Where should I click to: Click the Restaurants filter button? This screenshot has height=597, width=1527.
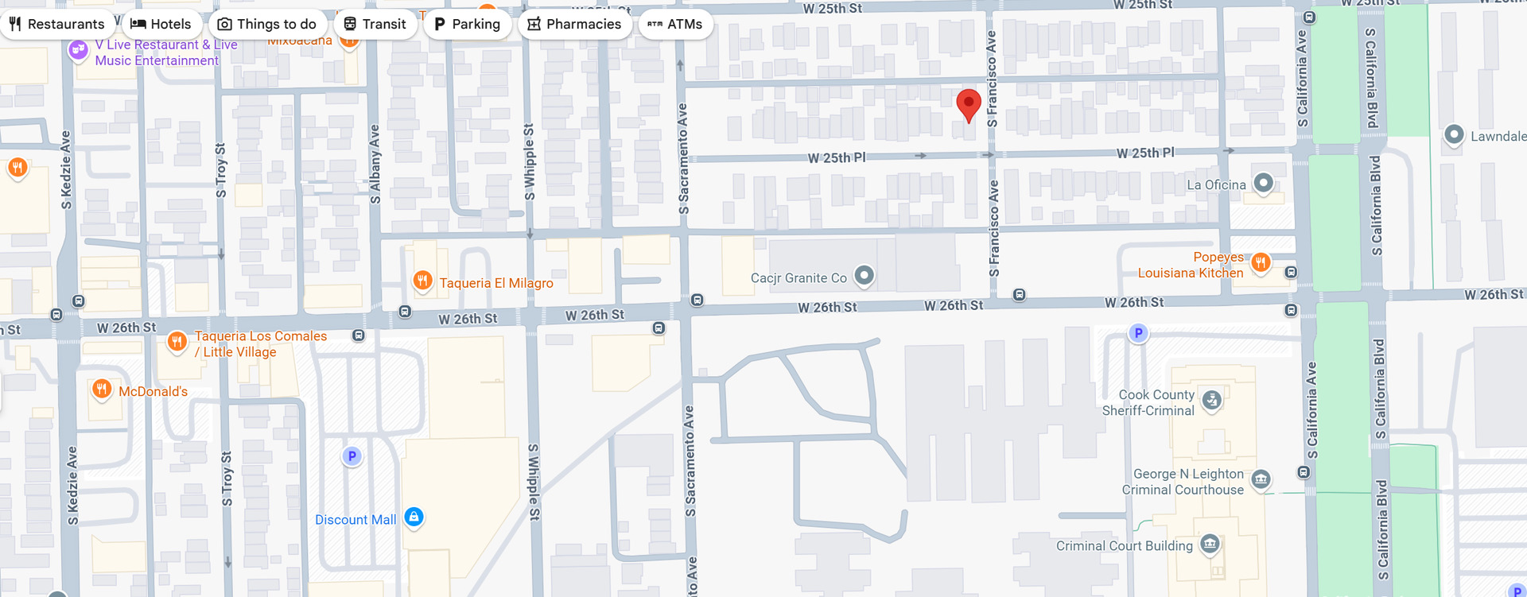[x=56, y=24]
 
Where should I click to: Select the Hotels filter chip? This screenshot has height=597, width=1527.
[x=161, y=24]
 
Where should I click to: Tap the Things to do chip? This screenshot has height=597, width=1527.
[x=267, y=24]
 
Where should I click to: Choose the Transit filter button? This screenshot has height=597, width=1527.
[x=375, y=24]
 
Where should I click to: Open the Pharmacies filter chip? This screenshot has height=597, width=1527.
[x=574, y=24]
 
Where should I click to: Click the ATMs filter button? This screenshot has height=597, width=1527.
[x=675, y=24]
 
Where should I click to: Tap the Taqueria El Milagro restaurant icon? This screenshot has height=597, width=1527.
[x=422, y=280]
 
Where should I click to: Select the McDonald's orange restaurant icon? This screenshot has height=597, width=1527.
[x=102, y=389]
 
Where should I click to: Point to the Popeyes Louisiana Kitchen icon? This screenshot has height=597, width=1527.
[x=1261, y=262]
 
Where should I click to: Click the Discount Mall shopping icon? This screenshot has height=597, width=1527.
[x=414, y=518]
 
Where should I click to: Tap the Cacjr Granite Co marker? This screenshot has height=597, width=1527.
[x=865, y=276]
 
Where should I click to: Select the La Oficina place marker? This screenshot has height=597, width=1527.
[x=1263, y=184]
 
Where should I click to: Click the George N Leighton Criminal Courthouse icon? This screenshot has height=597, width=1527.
[x=1261, y=479]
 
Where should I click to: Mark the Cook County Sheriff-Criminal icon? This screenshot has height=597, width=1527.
[x=1211, y=400]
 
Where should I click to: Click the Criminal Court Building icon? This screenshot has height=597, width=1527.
[x=1210, y=544]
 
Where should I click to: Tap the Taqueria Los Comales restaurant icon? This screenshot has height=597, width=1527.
[x=177, y=341]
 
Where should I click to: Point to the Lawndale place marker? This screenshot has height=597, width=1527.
[x=1453, y=134]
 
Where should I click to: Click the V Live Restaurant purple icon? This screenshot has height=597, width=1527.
[x=78, y=50]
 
